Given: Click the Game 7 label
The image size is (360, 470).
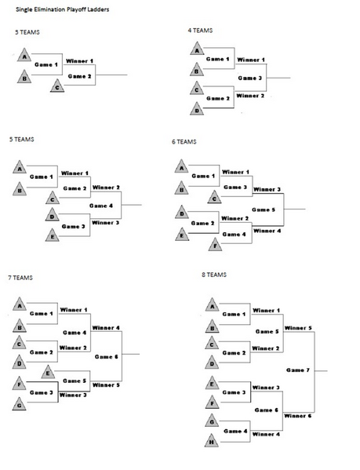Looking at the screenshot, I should pos(299,369).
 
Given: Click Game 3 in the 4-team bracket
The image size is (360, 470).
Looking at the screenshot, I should pos(249,78).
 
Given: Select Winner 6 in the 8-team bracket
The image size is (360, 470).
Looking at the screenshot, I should pos(298,416).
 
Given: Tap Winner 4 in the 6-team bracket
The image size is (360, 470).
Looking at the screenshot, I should pos(267,231).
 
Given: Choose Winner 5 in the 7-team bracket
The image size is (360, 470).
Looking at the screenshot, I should pos(106,385).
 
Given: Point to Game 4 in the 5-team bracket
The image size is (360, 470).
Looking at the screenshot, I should pos(101,206).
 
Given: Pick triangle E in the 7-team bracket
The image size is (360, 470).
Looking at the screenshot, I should pos(49,372).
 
